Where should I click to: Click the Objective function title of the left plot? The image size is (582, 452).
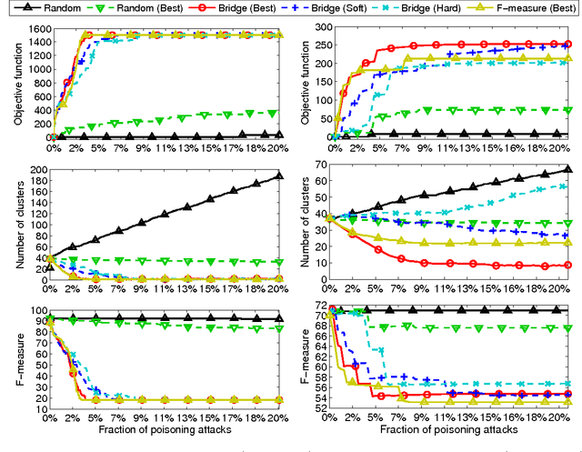coord(10,81)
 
